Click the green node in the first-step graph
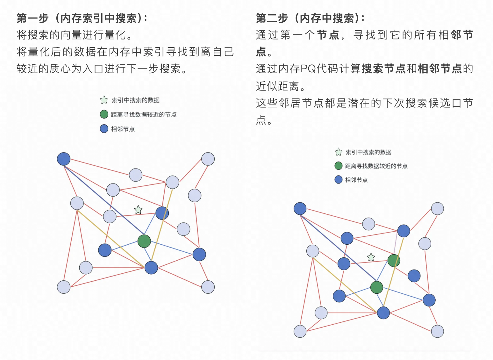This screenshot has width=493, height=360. coord(144,241)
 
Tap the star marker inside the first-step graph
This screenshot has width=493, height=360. coord(138,210)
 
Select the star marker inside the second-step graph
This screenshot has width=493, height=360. coord(371,257)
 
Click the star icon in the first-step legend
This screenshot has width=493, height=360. coord(104,100)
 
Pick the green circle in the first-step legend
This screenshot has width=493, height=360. coord(104,114)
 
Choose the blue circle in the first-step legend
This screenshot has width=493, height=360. coord(104,129)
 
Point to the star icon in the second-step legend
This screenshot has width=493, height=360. coord(338,152)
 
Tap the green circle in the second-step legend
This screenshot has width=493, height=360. coord(338,166)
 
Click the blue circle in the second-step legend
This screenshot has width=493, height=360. coord(338,180)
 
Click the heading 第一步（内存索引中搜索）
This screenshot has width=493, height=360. coord(82,18)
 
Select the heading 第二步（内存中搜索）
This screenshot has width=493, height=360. coord(310,18)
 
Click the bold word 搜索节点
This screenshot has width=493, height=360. coord(383,69)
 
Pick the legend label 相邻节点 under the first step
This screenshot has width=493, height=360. coord(123,129)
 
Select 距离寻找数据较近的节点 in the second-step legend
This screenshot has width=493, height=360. coord(376,166)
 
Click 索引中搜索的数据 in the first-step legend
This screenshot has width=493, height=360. coord(135,100)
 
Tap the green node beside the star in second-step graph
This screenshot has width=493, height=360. coord(394,261)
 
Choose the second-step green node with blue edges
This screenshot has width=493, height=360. coord(376,287)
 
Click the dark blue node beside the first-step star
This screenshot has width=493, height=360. coord(162,213)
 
